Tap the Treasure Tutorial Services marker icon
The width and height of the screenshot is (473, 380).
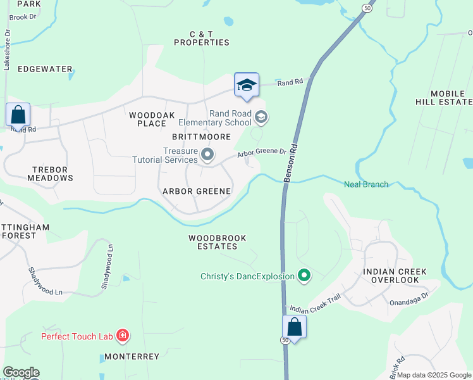pyautogui.click(x=207, y=155)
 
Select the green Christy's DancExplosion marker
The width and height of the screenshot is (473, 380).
pyautogui.click(x=304, y=275)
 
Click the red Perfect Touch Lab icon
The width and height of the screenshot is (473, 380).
pyautogui.click(x=123, y=336)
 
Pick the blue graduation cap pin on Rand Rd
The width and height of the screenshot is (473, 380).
pyautogui.click(x=247, y=85)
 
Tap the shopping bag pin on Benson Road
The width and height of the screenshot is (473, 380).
pyautogui.click(x=294, y=327)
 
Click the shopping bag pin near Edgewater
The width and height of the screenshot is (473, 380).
pyautogui.click(x=18, y=115)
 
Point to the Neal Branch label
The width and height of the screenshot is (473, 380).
pyautogui.click(x=366, y=184)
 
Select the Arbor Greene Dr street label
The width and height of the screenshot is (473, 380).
pyautogui.click(x=262, y=154)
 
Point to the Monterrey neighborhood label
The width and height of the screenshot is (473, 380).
pyautogui.click(x=132, y=357)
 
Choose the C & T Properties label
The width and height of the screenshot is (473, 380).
pyautogui.click(x=201, y=38)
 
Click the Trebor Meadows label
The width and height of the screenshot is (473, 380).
pyautogui.click(x=50, y=174)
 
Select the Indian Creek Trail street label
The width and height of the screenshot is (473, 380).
pyautogui.click(x=315, y=304)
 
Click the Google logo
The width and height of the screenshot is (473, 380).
pyautogui.click(x=21, y=372)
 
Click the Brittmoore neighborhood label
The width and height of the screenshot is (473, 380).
pyautogui.click(x=201, y=137)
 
